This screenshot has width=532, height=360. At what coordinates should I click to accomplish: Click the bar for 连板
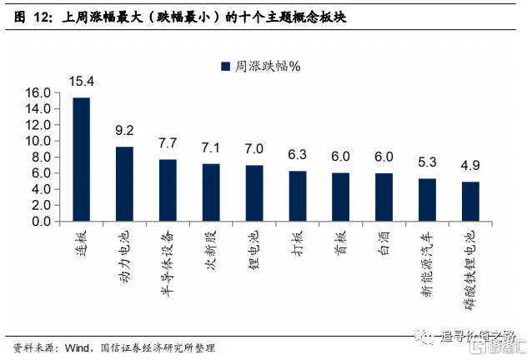point(81,160)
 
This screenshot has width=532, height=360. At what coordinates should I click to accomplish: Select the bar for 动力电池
point(124,184)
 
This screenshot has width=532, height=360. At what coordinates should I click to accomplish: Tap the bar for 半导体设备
point(168,191)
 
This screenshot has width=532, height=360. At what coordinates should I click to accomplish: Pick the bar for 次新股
point(211,193)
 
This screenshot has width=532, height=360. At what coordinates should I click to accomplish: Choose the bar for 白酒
point(384,197)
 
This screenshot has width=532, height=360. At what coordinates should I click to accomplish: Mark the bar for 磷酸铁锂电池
point(470,202)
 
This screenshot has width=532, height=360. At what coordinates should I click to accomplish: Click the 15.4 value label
point(82,81)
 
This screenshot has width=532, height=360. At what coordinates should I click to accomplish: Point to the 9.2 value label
point(124,130)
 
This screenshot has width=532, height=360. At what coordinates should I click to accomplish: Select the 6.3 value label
point(298,154)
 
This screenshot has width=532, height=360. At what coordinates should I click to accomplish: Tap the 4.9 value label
point(470,165)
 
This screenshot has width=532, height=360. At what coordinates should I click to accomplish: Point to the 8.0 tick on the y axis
point(43,157)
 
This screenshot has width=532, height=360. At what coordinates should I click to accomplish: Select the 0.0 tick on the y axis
point(43,222)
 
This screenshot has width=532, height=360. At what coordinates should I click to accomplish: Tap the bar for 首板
point(341,197)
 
